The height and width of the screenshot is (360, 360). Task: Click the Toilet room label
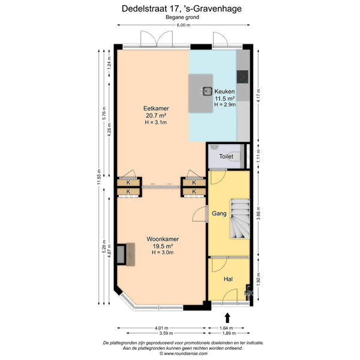226,157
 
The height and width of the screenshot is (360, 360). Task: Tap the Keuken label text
224,91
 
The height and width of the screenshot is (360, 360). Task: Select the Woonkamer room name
163,239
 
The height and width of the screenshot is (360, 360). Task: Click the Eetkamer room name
156,109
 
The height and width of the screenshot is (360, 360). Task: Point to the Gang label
219,214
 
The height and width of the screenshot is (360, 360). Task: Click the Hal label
228,279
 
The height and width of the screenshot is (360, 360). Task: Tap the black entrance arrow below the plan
227,318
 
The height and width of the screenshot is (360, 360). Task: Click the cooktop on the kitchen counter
242,77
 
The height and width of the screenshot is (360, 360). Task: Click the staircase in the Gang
240,219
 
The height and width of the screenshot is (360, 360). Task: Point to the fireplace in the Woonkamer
125,254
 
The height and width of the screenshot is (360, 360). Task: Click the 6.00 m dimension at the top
184,25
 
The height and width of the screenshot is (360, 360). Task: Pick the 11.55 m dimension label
99,177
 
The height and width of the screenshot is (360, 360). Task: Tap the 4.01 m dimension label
161,328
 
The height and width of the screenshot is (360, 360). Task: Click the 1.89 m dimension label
229,333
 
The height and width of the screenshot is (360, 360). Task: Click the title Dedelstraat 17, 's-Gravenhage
182,9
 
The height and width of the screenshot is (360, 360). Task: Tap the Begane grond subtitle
182,17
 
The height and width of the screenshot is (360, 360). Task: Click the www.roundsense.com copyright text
184,353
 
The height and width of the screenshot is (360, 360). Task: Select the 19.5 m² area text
163,246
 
